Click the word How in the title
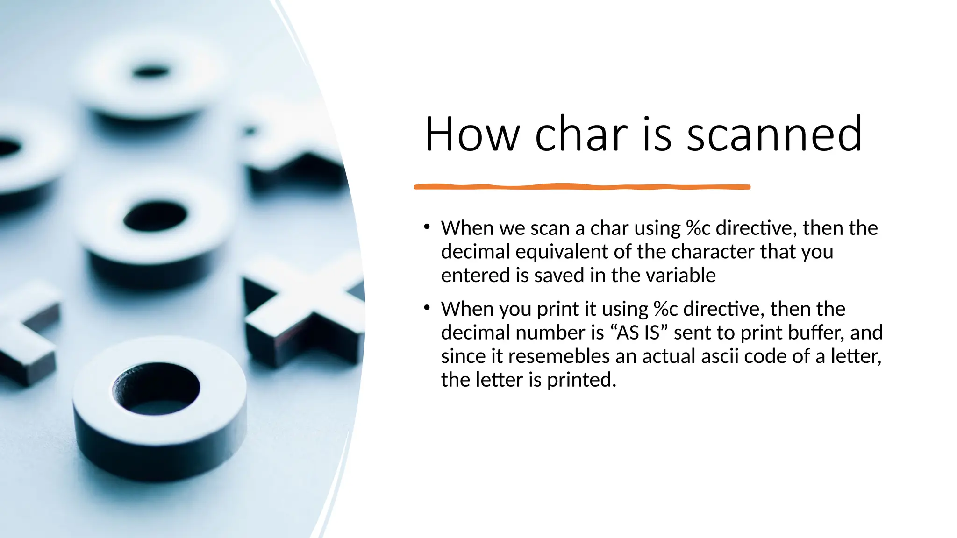click(x=472, y=134)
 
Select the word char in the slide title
click(x=581, y=134)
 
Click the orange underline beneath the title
click(x=582, y=187)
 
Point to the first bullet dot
click(x=427, y=227)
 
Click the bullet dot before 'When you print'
click(x=427, y=308)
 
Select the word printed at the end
click(x=581, y=380)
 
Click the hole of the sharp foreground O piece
click(x=157, y=388)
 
